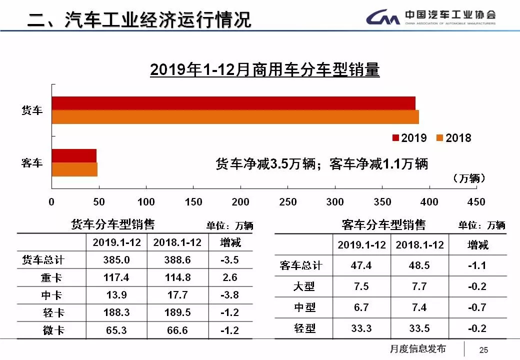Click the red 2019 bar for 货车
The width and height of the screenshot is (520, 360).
(x=233, y=103)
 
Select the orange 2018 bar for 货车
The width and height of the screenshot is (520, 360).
(x=235, y=116)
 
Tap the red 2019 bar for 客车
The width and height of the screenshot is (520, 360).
(x=74, y=155)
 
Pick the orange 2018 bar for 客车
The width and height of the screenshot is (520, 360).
(x=74, y=169)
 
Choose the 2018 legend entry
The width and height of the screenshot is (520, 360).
(x=453, y=138)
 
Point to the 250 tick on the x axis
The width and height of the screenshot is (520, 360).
(x=287, y=202)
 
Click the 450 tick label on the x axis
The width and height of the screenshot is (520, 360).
(x=475, y=202)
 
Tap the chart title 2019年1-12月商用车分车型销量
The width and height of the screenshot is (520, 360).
(x=264, y=70)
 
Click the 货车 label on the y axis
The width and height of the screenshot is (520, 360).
(x=32, y=110)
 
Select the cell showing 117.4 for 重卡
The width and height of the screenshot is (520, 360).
(x=117, y=277)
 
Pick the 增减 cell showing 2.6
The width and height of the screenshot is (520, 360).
(x=230, y=277)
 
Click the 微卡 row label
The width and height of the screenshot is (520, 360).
(x=52, y=330)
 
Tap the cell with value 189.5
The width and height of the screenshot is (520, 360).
(x=177, y=312)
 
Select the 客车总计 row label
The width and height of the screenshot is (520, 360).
(x=301, y=265)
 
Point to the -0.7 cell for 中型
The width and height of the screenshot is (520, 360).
(x=476, y=307)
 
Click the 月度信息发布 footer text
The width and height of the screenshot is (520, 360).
(x=417, y=349)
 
